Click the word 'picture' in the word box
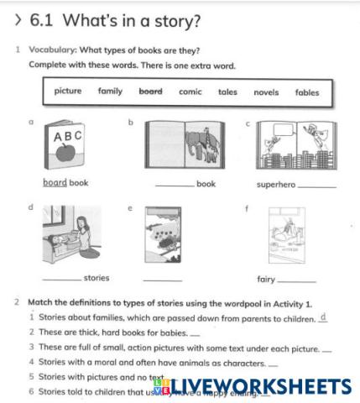(x=68, y=92)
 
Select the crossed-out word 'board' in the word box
(x=150, y=92)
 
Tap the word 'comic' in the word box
(x=190, y=92)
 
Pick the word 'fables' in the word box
(x=307, y=92)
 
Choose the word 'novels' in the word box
(x=266, y=92)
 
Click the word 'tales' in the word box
(x=227, y=92)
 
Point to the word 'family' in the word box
(x=110, y=92)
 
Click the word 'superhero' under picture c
(x=276, y=185)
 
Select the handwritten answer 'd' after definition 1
(x=323, y=317)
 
